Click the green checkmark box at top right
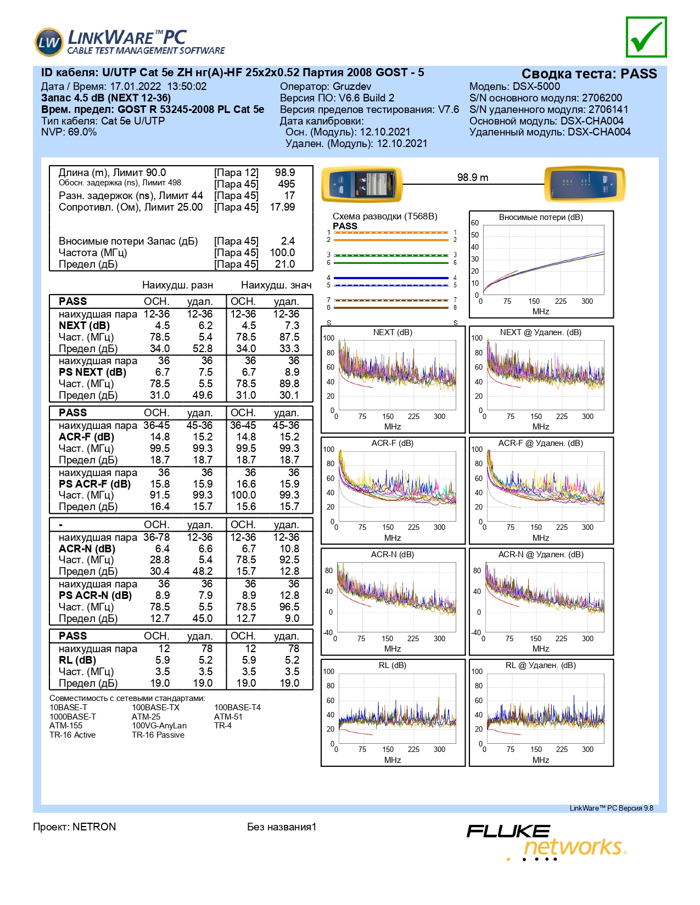(646, 37)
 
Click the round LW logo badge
(49, 42)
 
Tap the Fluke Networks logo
(547, 842)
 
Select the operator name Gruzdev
(352, 87)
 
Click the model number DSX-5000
(536, 87)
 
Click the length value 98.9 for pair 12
(285, 172)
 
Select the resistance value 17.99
(282, 207)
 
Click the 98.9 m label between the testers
(472, 177)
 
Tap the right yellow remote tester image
(585, 184)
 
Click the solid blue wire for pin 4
(391, 278)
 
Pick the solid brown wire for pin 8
(391, 308)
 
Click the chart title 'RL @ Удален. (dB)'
(540, 665)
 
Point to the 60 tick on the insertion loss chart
(475, 223)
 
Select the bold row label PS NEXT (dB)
(92, 372)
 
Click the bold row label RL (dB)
(77, 660)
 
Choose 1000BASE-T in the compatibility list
(72, 716)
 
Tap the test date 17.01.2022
(135, 87)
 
